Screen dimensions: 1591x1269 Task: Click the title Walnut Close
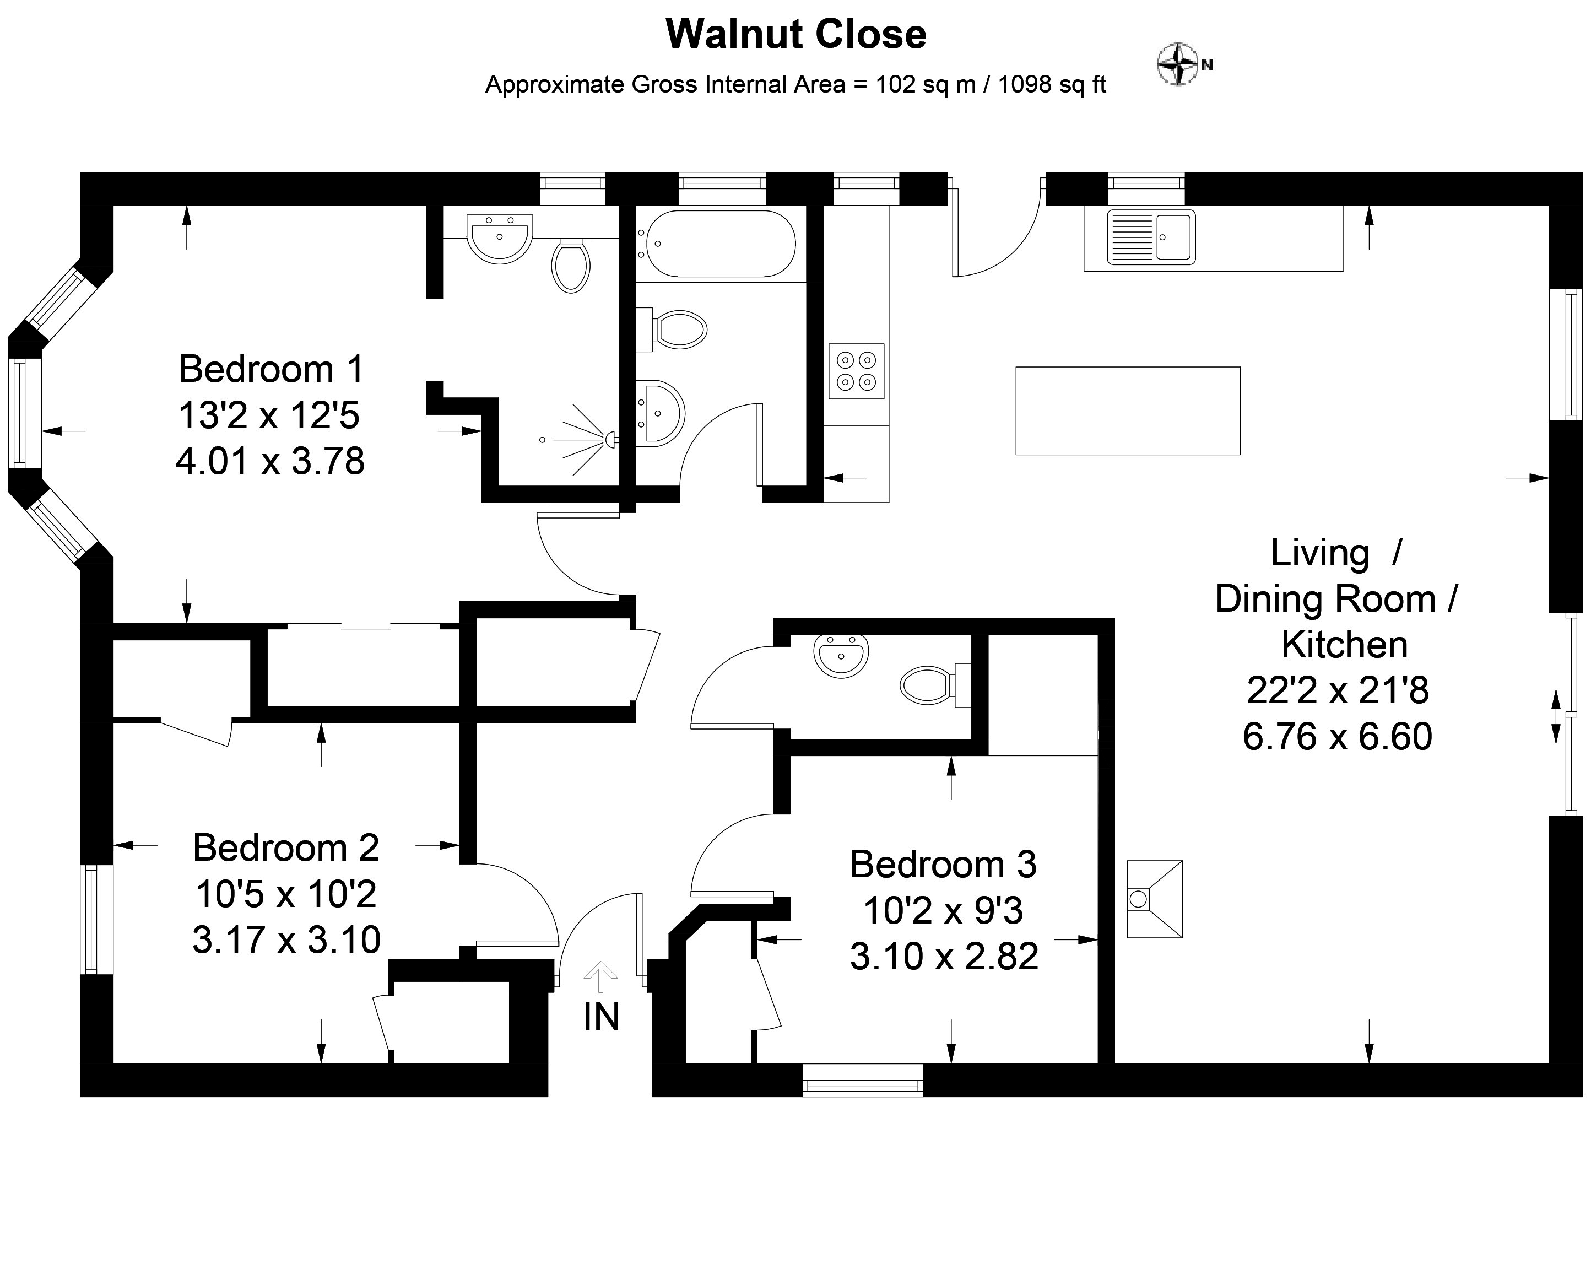point(795,34)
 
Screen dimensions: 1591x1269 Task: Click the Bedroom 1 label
point(272,369)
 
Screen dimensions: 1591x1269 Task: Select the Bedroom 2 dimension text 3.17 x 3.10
point(286,939)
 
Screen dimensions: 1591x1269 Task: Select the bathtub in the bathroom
point(716,244)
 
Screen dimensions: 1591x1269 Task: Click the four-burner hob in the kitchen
point(856,371)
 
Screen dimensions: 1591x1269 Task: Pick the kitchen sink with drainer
point(1151,237)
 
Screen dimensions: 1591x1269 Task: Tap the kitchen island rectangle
point(1128,411)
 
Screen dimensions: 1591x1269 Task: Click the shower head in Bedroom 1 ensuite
point(611,440)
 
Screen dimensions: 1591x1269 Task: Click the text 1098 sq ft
point(1052,85)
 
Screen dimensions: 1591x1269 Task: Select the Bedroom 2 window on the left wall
point(96,919)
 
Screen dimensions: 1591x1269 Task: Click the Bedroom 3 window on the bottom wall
point(863,1080)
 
